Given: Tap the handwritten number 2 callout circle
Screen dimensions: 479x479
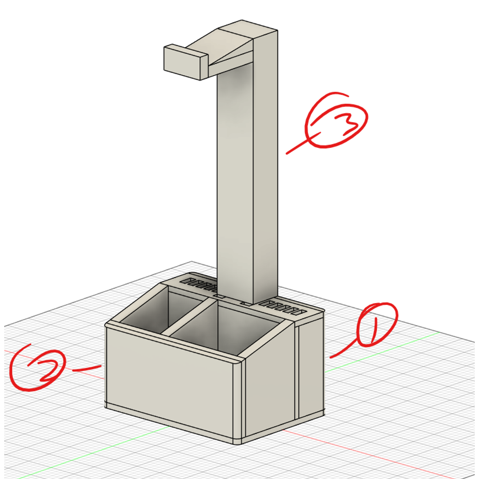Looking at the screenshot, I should tap(36, 367).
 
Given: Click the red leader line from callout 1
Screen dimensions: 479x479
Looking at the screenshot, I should tap(344, 351).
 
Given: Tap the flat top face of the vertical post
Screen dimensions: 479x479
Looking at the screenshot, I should tap(248, 29).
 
